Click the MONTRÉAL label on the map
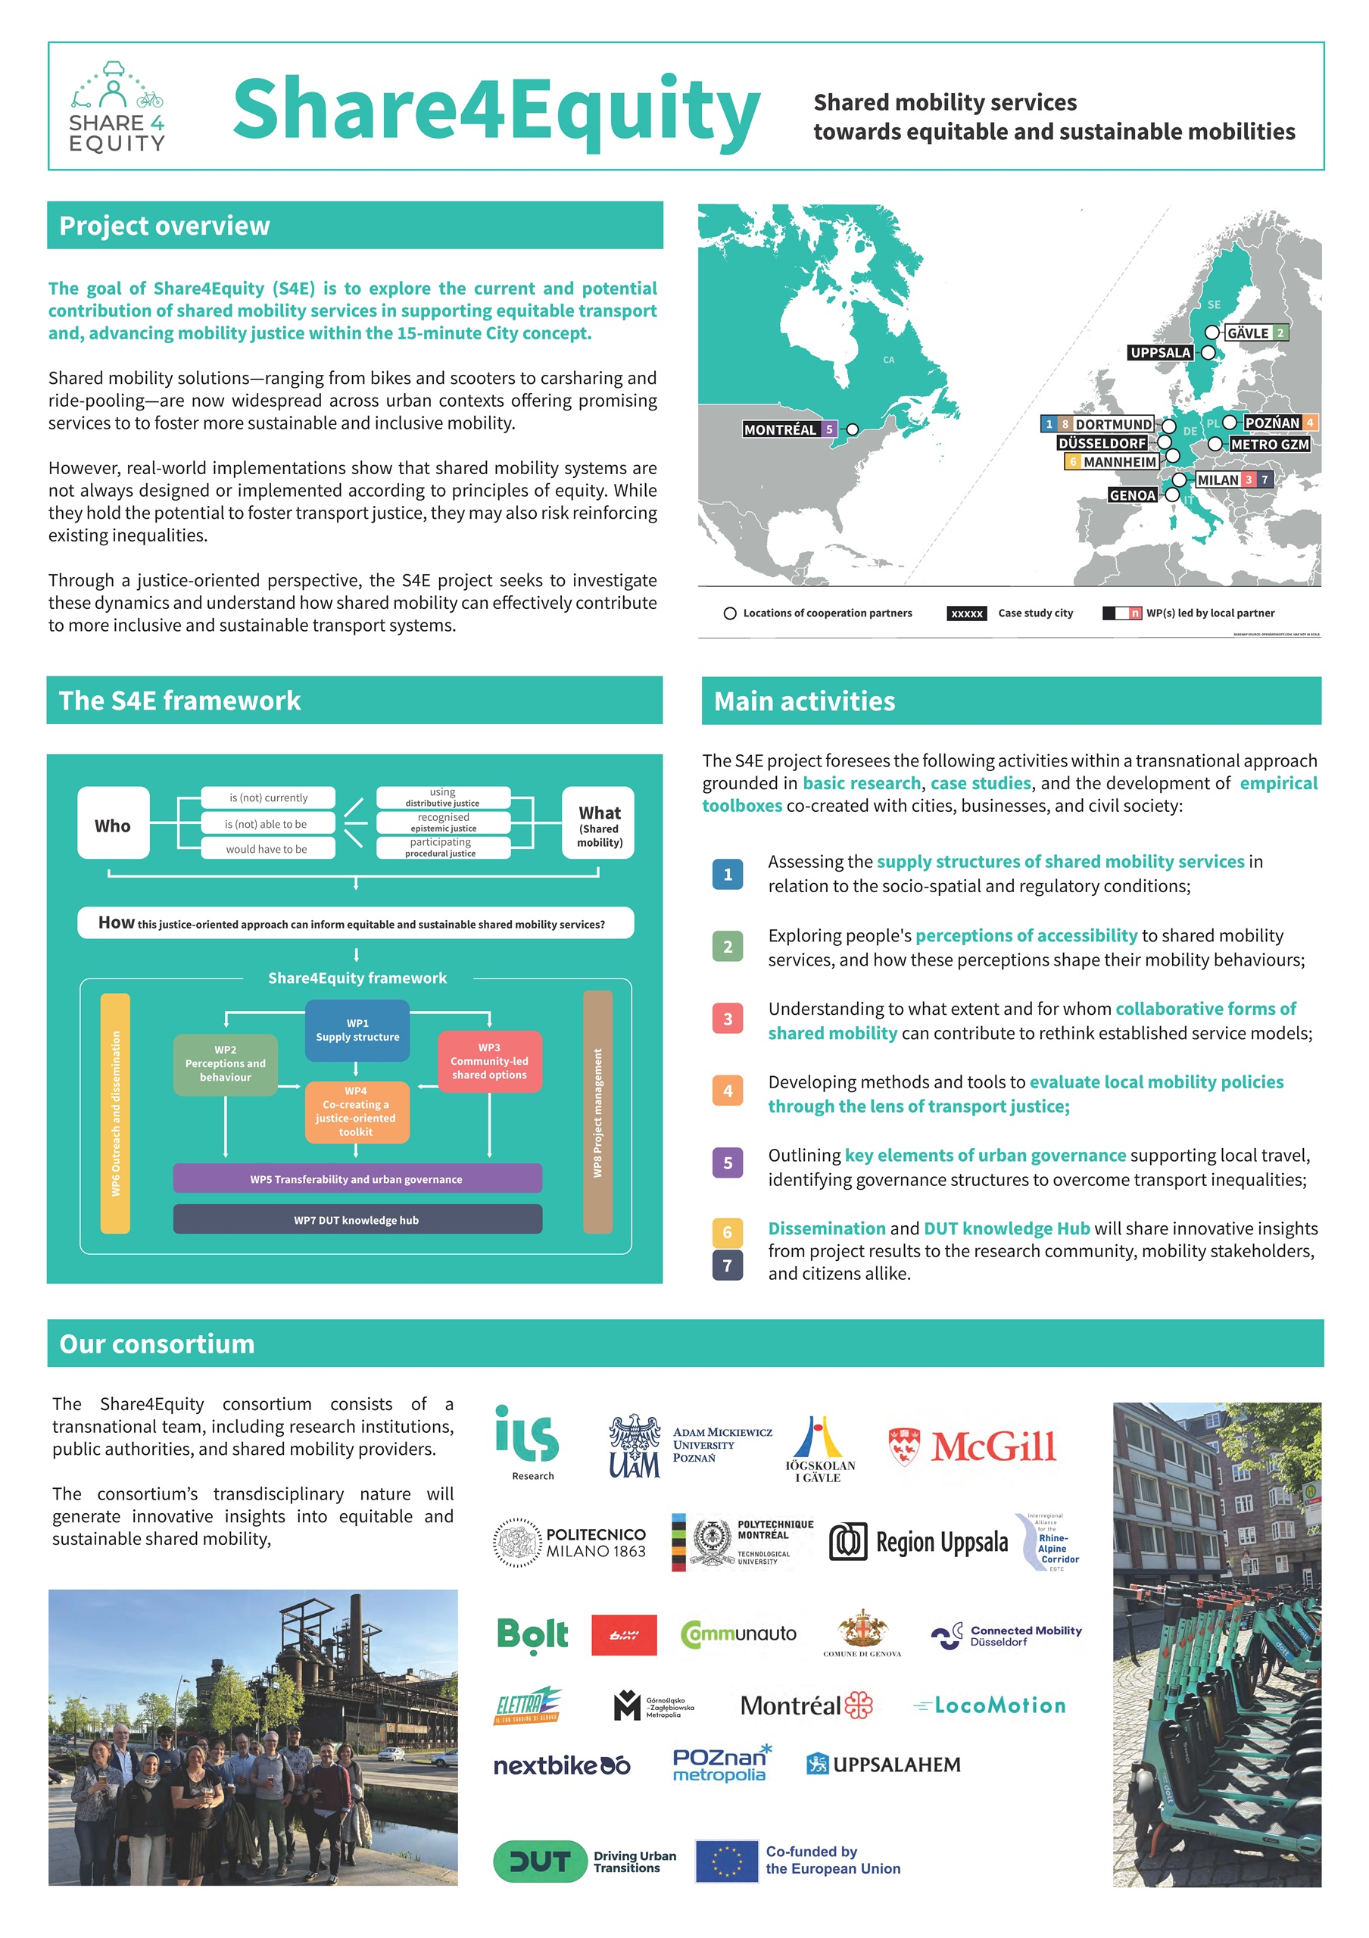pyautogui.click(x=779, y=429)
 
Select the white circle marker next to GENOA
pyautogui.click(x=1171, y=495)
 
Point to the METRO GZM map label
pyautogui.click(x=1268, y=444)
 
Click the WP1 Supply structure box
pyautogui.click(x=357, y=1030)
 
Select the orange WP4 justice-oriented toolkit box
pyautogui.click(x=356, y=1112)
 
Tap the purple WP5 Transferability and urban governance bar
pyautogui.click(x=357, y=1178)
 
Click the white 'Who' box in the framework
pyautogui.click(x=113, y=825)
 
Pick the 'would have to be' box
pyautogui.click(x=267, y=848)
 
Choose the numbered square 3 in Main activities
pyautogui.click(x=728, y=1019)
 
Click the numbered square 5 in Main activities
pyautogui.click(x=728, y=1162)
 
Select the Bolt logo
pyautogui.click(x=532, y=1634)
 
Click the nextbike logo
pyautogui.click(x=561, y=1765)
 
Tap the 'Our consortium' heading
pyautogui.click(x=157, y=1343)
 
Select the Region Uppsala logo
pyautogui.click(x=918, y=1541)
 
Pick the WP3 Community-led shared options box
pyautogui.click(x=488, y=1061)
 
